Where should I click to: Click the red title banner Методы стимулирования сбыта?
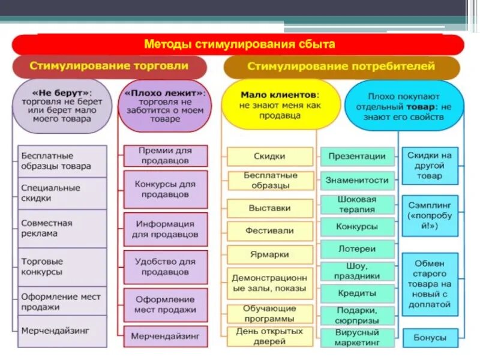pos(239,45)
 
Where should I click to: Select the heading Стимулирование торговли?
pos(109,66)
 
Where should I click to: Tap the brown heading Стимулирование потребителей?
pos(341,67)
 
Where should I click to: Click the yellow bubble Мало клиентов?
pos(280,105)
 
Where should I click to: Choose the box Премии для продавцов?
pos(165,155)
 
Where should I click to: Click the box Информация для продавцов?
pos(165,229)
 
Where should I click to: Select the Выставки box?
pos(270,208)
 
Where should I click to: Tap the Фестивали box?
pos(270,230)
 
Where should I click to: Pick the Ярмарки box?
pos(270,254)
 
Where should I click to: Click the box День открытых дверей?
pos(270,337)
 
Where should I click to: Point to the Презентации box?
pos(357,156)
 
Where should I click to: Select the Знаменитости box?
pos(357,179)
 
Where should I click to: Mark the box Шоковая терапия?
pos(357,204)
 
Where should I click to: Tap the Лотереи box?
pos(357,249)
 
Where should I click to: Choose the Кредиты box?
pos(357,293)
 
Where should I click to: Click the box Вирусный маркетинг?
pos(357,337)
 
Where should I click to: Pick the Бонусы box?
pos(430,338)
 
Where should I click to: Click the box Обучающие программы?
pos(270,313)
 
